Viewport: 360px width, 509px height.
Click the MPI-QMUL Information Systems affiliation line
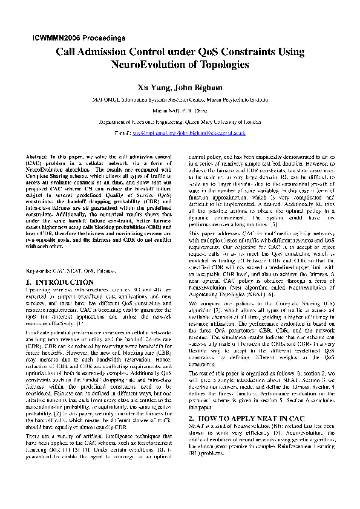[x=180, y=99]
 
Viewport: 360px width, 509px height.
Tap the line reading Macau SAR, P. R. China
[x=180, y=110]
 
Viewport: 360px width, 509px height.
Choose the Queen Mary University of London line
[x=180, y=121]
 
